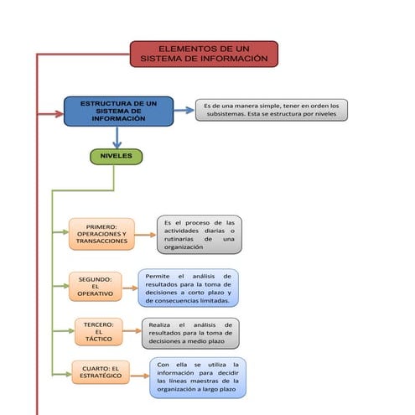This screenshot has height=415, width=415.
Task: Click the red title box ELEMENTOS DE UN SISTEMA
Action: (x=204, y=54)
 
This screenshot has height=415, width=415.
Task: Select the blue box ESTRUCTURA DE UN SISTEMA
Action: (x=118, y=112)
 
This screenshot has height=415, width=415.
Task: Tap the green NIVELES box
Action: (x=116, y=156)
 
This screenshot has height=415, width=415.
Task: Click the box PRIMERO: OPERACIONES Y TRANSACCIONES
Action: (x=101, y=234)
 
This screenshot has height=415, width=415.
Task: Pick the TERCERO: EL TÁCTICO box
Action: (x=97, y=331)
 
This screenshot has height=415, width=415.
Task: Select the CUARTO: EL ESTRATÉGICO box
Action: (x=100, y=373)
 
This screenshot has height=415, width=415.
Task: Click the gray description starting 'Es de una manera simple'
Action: (x=271, y=110)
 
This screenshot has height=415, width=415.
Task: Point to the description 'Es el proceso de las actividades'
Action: (x=200, y=235)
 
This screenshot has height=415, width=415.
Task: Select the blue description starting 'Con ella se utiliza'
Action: (x=198, y=377)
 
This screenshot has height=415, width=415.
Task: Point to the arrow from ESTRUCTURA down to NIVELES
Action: (x=117, y=137)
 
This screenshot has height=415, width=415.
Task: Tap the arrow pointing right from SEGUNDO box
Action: (x=130, y=287)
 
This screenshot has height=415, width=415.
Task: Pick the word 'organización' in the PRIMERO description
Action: (x=184, y=247)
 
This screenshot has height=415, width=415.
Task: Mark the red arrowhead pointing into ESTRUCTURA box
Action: (x=59, y=111)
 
